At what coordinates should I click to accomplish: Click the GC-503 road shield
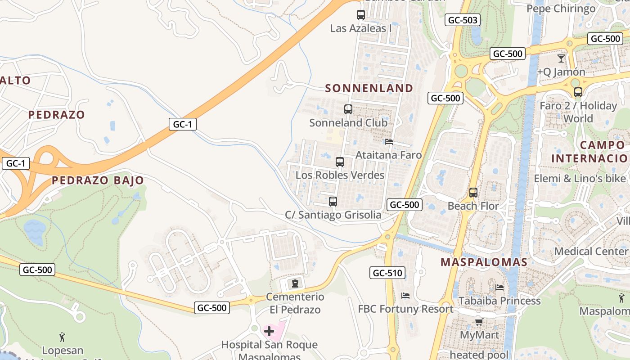(463, 20)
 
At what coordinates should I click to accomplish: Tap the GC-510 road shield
(387, 273)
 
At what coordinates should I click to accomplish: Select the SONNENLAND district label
(369, 88)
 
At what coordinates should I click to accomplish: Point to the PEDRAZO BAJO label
(98, 180)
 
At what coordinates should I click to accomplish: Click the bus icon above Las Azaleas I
(361, 15)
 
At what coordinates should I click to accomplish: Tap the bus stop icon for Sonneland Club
(348, 109)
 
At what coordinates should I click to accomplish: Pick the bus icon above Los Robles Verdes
(340, 162)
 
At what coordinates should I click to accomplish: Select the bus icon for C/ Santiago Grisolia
(333, 202)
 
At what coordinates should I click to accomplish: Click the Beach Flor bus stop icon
(473, 193)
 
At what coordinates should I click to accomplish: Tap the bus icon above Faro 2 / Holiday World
(578, 92)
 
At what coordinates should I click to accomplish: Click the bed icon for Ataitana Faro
(389, 142)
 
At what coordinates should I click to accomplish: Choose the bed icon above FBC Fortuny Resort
(405, 296)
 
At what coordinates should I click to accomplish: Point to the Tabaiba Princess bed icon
(499, 288)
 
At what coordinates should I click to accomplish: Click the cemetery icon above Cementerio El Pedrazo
(295, 283)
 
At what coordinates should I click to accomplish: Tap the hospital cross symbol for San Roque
(269, 332)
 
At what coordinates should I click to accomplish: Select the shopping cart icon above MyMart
(479, 322)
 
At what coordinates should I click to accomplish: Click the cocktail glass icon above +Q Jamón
(561, 58)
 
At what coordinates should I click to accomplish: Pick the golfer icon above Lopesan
(63, 337)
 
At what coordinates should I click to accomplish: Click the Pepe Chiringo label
(561, 9)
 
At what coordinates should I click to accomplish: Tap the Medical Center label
(591, 251)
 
